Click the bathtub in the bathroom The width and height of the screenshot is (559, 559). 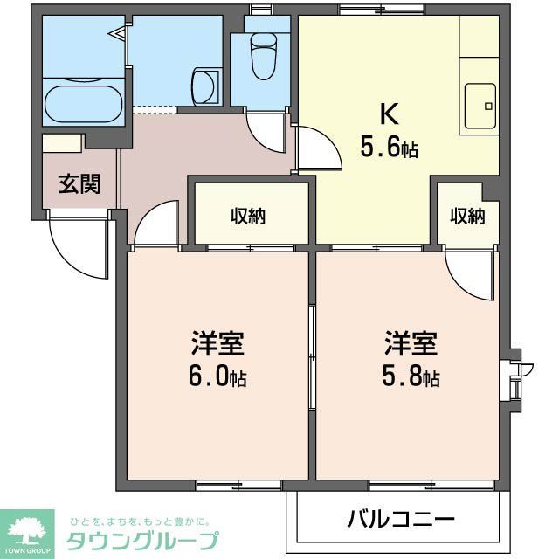tap(83, 104)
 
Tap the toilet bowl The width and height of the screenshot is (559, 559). tap(263, 58)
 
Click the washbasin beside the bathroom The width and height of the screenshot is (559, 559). tap(204, 88)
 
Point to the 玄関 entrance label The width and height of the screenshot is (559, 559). tap(79, 184)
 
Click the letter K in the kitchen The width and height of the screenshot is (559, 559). tap(389, 114)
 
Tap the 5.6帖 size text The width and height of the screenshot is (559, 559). tap(390, 148)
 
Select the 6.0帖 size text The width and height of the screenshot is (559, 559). tap(218, 376)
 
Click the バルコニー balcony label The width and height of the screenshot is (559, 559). tap(401, 520)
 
